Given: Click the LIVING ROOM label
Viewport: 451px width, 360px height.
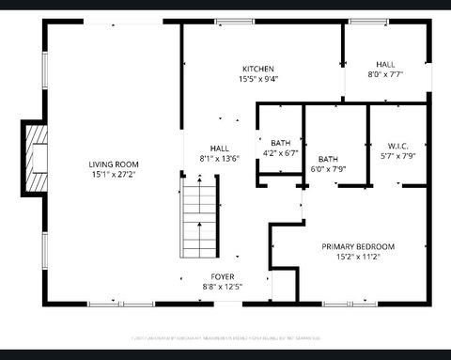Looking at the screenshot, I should click(115, 164).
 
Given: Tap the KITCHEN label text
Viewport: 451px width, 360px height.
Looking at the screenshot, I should click(257, 70).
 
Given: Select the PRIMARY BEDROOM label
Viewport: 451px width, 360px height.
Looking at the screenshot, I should click(358, 246).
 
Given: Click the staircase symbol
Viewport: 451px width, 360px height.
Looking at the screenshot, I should click(199, 220).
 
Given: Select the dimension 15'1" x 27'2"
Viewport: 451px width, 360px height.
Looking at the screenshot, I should click(115, 175).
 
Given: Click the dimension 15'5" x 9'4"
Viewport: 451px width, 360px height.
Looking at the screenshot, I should click(257, 79).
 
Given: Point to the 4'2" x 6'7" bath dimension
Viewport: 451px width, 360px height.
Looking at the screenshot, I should click(280, 152).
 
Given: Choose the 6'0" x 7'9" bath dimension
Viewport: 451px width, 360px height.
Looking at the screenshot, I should click(329, 169).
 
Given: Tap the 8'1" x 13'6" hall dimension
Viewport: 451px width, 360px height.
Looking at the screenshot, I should click(219, 158).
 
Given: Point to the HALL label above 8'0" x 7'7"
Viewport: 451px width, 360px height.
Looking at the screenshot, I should click(385, 64).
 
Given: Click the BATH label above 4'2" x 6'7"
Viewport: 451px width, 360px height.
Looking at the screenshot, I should click(280, 143).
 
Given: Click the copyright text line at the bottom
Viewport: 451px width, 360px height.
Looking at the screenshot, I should click(225, 336).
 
